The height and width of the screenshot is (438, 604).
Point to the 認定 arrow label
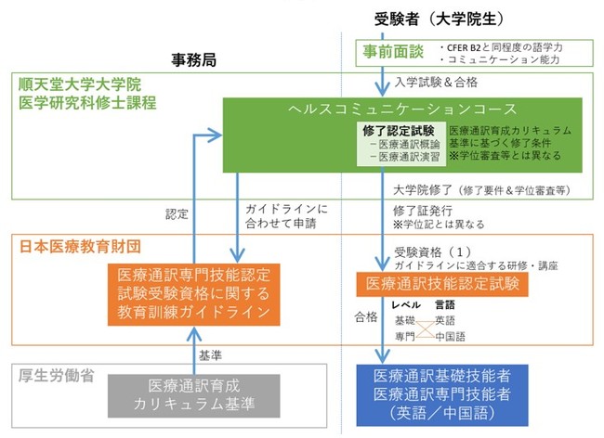pyautogui.click(x=177, y=213)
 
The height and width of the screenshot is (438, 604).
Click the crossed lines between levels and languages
pyautogui.click(x=419, y=327)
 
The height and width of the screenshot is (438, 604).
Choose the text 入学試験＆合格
pyautogui.click(x=436, y=82)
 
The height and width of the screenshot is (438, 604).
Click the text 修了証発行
pyautogui.click(x=415, y=211)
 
